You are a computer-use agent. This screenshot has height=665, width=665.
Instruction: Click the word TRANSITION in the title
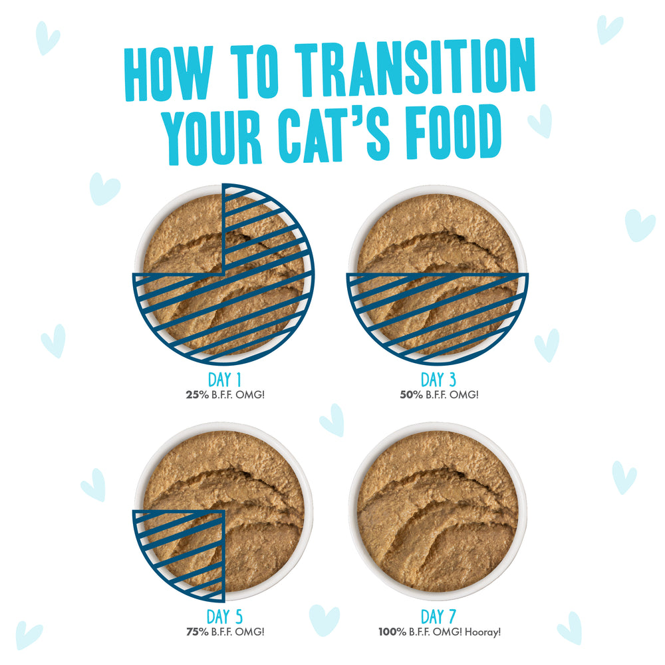pyautogui.click(x=415, y=67)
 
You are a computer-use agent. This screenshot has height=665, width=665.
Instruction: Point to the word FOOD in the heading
pyautogui.click(x=453, y=132)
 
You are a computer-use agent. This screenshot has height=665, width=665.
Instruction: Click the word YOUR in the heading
pyautogui.click(x=213, y=136)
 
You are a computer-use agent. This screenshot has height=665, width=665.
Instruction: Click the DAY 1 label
pyautogui.click(x=224, y=380)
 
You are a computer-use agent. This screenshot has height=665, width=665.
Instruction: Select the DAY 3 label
pyautogui.click(x=438, y=380)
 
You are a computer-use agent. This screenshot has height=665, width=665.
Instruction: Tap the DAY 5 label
pyautogui.click(x=224, y=616)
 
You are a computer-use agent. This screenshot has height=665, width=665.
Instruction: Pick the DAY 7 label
pyautogui.click(x=438, y=616)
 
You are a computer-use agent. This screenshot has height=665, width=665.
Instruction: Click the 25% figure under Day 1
pyautogui.click(x=198, y=395)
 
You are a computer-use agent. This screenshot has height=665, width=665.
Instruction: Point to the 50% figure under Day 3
pyautogui.click(x=412, y=395)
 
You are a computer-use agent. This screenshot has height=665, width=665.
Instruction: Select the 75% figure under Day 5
pyautogui.click(x=198, y=632)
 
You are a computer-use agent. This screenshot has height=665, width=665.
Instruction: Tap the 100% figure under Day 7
pyautogui.click(x=392, y=632)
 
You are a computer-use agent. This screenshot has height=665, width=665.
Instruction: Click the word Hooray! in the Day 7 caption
pyautogui.click(x=483, y=632)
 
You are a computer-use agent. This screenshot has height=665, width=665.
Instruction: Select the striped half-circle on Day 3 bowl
pyautogui.click(x=438, y=314)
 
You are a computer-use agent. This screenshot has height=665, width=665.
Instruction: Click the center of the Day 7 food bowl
pyautogui.click(x=438, y=511)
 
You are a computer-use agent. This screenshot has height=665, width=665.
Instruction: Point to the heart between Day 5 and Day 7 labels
pyautogui.click(x=324, y=620)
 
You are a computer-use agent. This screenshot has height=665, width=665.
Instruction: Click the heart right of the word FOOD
pyautogui.click(x=541, y=121)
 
